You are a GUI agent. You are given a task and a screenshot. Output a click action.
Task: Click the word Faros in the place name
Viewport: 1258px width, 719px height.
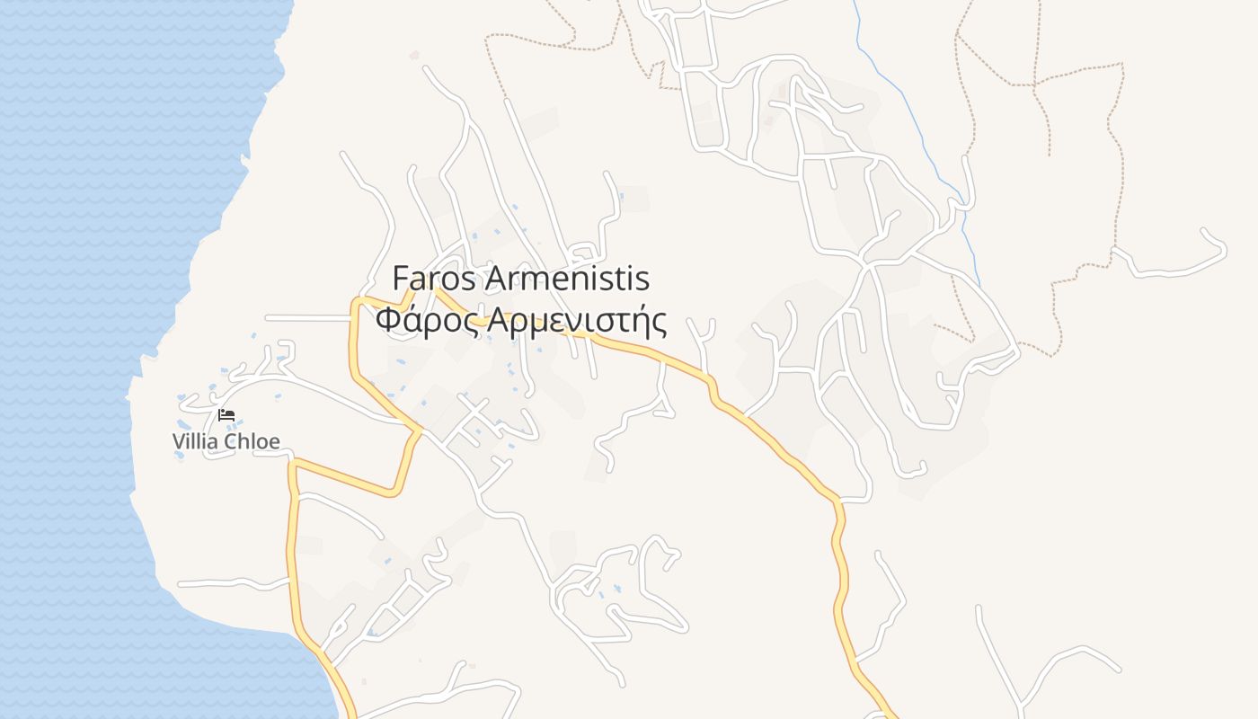(434, 280)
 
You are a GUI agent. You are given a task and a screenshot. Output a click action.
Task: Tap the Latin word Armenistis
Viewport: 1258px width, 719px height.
(567, 280)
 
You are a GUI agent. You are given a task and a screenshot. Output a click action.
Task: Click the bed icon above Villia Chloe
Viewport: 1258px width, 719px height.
(226, 415)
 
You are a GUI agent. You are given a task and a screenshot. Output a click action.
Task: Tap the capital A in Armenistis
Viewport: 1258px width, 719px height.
(497, 280)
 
